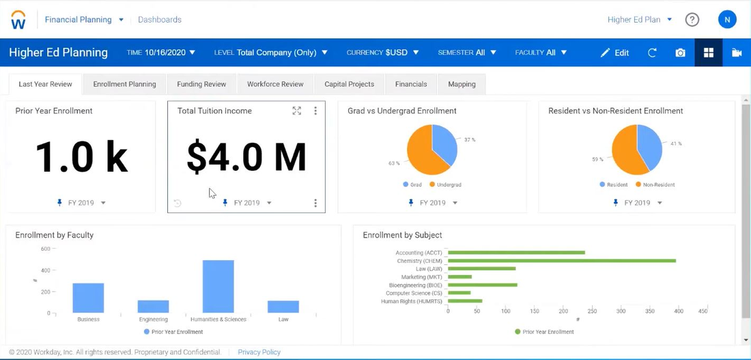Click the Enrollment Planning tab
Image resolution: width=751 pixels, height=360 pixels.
[124, 84]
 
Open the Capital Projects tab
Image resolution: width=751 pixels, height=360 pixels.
[349, 84]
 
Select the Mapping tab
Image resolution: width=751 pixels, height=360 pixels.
[462, 84]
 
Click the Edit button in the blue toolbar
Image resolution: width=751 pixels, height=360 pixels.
[614, 53]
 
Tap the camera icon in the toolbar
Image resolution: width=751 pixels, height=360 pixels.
[680, 53]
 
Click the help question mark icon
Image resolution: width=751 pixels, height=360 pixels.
[692, 20]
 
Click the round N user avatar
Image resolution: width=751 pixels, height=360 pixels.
[727, 20]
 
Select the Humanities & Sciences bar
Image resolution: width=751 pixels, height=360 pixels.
[218, 287]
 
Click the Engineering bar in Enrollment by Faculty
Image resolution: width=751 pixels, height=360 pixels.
[153, 307]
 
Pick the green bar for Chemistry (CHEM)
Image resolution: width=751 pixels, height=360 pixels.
[561, 261]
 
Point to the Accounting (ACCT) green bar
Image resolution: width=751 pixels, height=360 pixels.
[516, 253]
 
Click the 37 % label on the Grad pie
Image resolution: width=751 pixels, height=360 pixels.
[470, 139]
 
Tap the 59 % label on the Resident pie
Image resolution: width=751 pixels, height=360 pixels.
[597, 159]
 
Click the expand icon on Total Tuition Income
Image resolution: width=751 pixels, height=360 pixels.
[296, 111]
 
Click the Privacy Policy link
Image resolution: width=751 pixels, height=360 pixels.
[259, 352]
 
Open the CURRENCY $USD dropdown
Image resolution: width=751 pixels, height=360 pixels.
[382, 53]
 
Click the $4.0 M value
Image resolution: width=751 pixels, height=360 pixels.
[246, 156]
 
